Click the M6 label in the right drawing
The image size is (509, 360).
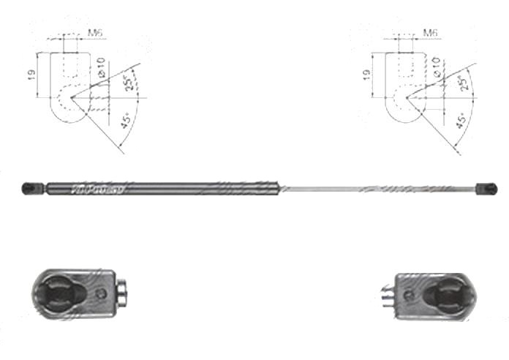[431, 33]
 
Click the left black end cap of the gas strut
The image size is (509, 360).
[31, 189]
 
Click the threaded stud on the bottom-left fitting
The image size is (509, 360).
[123, 292]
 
